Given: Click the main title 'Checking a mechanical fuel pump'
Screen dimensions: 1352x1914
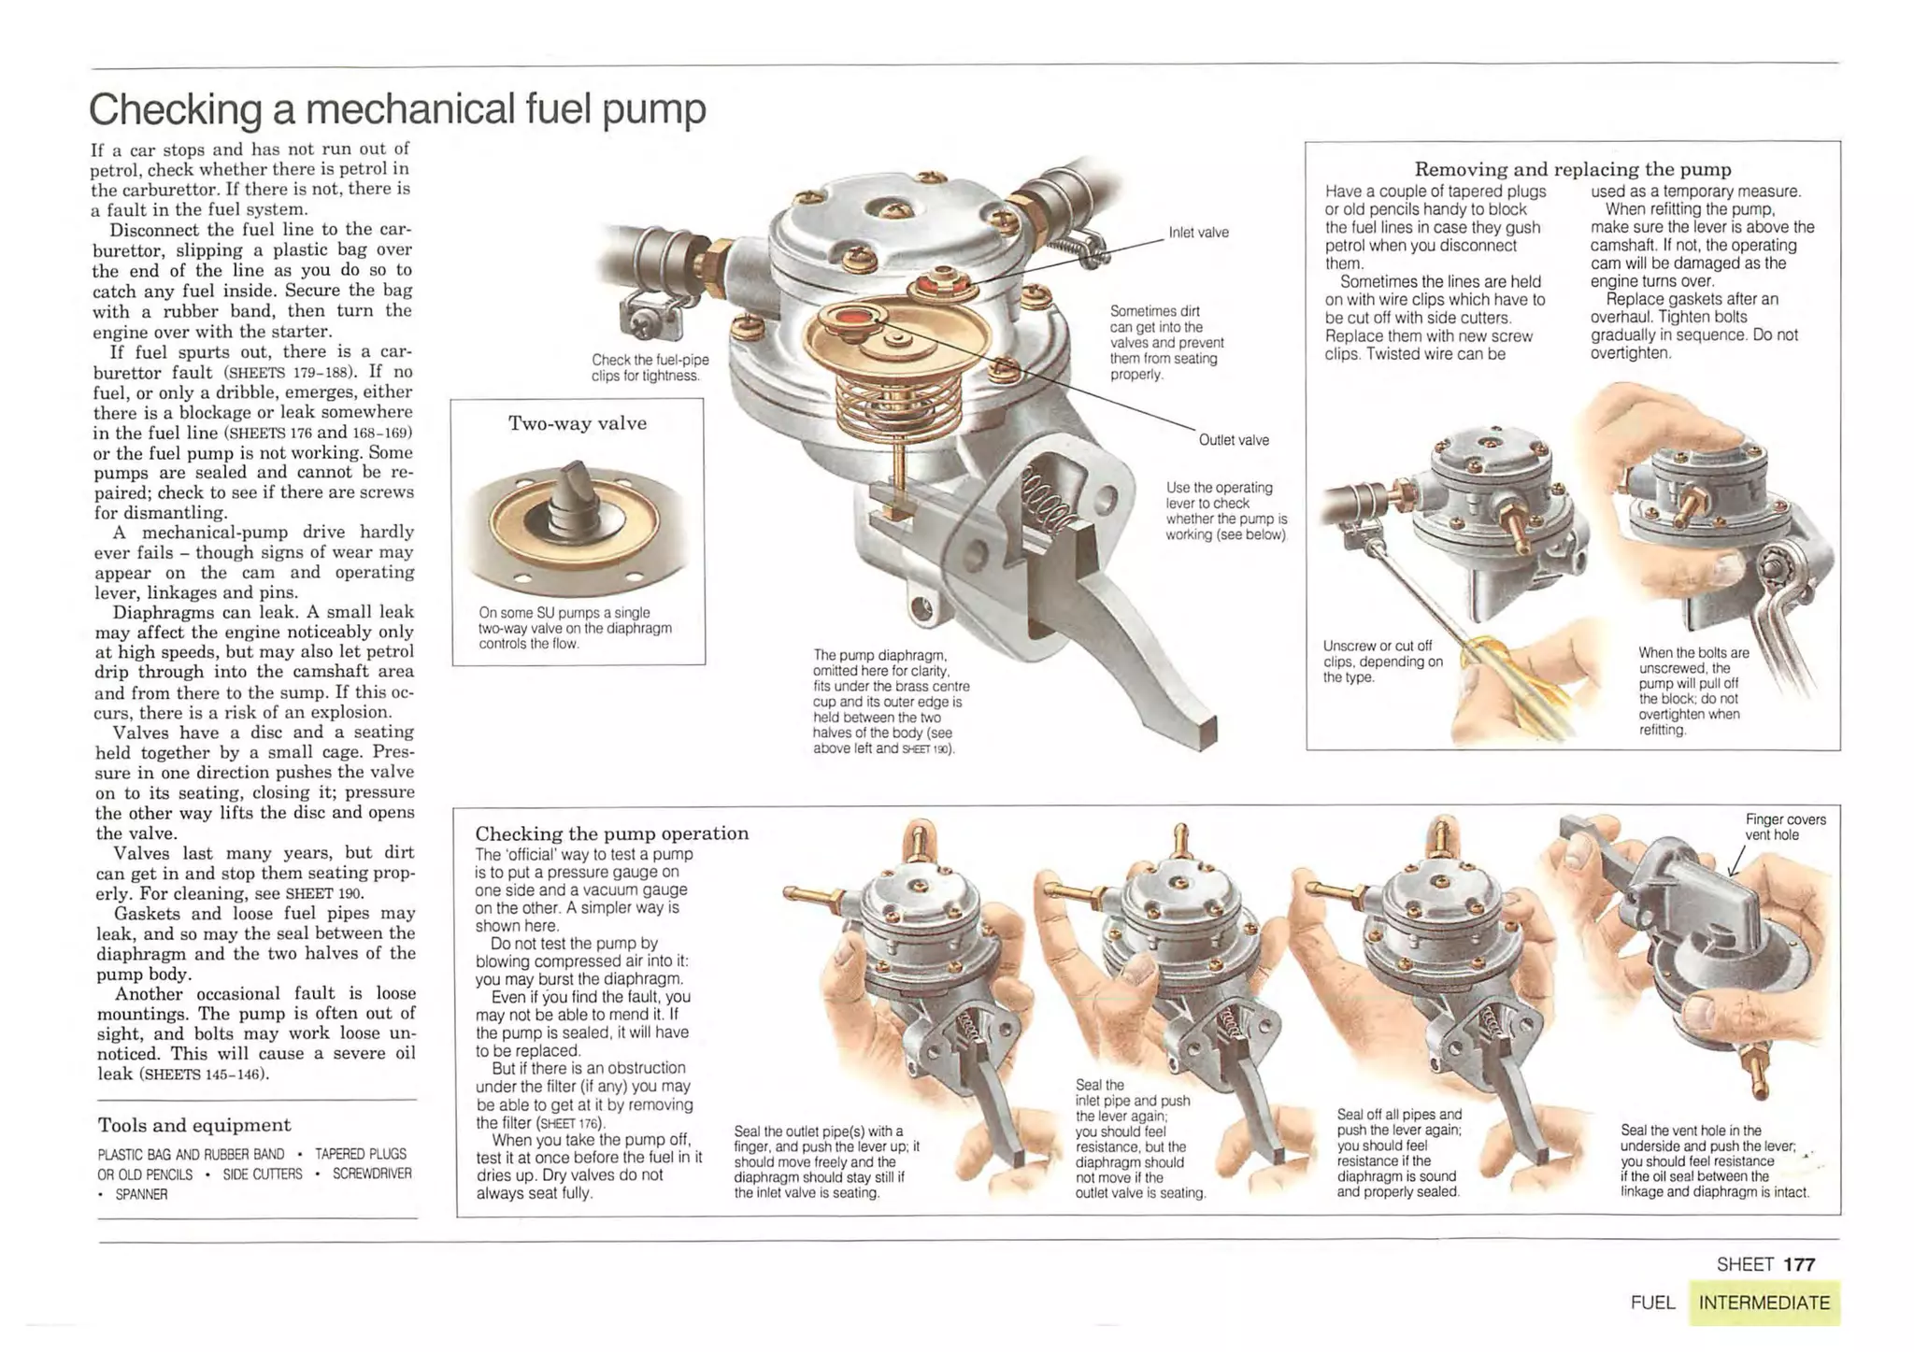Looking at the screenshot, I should pos(397,109).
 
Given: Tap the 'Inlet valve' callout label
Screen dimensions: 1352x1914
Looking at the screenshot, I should pos(1198,233).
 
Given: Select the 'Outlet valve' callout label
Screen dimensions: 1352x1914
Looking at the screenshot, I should pos(1233,440).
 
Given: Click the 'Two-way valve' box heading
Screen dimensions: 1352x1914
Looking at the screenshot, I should pos(577,423).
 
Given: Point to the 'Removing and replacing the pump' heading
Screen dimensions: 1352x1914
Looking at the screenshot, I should pos(1572,169).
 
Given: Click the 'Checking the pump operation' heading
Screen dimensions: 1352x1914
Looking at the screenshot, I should pos(611,833).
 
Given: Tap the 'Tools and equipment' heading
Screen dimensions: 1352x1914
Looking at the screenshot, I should pos(194,1125).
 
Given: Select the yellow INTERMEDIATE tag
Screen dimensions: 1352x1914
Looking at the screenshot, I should pos(1764,1302).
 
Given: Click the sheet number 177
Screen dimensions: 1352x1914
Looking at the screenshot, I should pos(1798,1264).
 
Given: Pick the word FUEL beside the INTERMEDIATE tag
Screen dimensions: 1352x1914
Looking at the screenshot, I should pos(1652,1302).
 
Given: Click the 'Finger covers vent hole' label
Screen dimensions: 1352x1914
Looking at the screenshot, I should pos(1784,827).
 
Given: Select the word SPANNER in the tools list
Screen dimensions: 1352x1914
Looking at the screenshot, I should pos(141,1194).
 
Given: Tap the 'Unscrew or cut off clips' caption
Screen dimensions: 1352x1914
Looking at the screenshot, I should pos(1382,661).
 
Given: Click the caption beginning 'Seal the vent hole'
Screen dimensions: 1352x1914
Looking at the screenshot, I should pos(1713,1160).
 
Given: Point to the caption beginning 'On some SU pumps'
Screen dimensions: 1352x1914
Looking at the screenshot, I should pos(574,628).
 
